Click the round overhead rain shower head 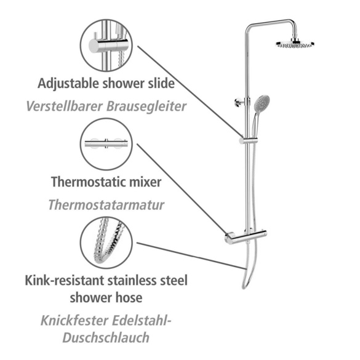tap(295, 44)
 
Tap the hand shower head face tap(262, 103)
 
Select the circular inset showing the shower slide tap(106, 45)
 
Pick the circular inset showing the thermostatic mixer tap(106, 144)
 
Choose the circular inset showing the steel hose tap(106, 242)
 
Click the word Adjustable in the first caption tap(68, 84)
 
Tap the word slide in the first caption tap(161, 83)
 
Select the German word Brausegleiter tap(146, 107)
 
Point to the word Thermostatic tap(89, 182)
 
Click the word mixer tap(145, 182)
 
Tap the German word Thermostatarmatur tap(106, 205)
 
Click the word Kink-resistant tap(65, 281)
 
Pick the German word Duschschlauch tap(106, 338)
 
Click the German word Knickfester tap(74, 321)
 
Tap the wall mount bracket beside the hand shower tap(240, 102)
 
